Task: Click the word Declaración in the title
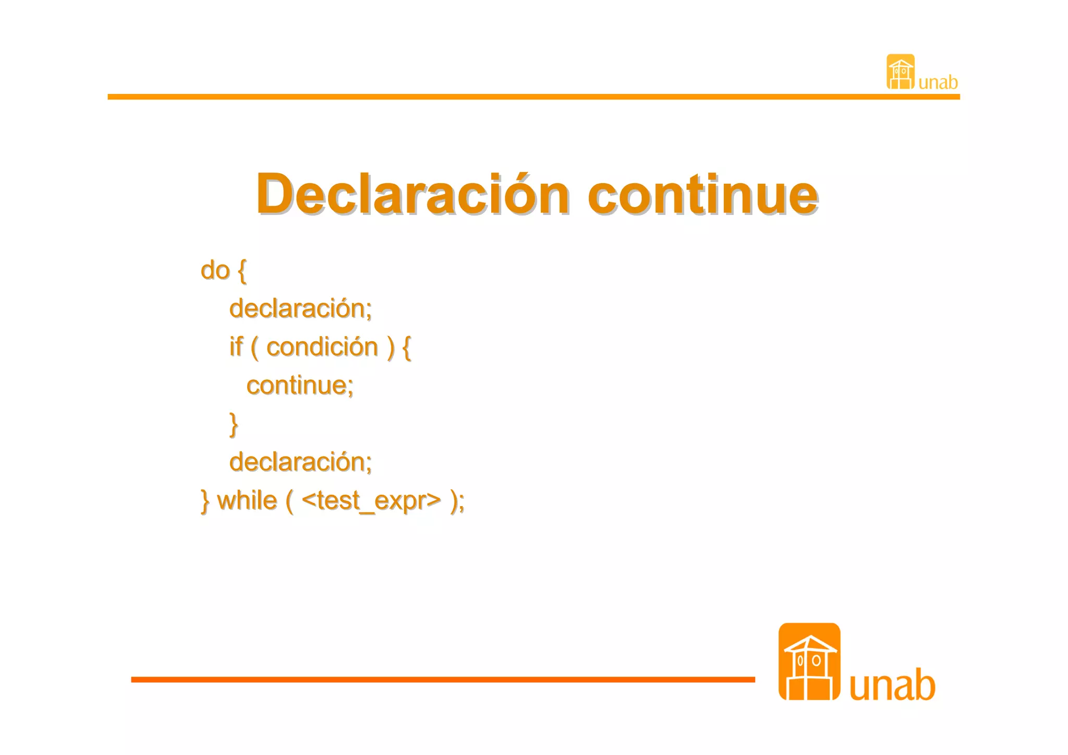pyautogui.click(x=412, y=194)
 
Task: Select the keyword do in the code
pyautogui.click(x=215, y=271)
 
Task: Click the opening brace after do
pyautogui.click(x=242, y=271)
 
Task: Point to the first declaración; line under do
pyautogui.click(x=300, y=309)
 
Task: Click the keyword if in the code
pyautogui.click(x=236, y=347)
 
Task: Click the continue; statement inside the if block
pyautogui.click(x=300, y=386)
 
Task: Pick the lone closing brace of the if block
pyautogui.click(x=234, y=424)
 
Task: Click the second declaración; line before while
pyautogui.click(x=300, y=462)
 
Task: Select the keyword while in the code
pyautogui.click(x=247, y=501)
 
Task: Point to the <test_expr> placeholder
pyautogui.click(x=371, y=501)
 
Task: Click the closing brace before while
pyautogui.click(x=205, y=501)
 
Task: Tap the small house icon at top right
pyautogui.click(x=900, y=72)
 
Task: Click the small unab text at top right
pyautogui.click(x=938, y=83)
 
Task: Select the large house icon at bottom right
pyautogui.click(x=809, y=662)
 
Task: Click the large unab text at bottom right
pyautogui.click(x=892, y=685)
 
